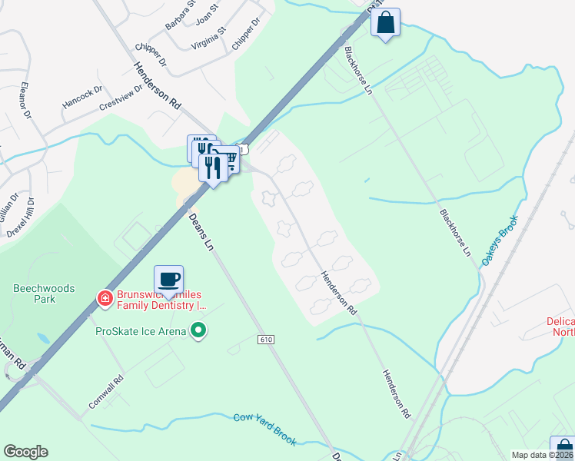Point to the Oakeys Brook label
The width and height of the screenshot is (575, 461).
pos(499,240)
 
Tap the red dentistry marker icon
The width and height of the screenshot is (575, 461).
pos(103,297)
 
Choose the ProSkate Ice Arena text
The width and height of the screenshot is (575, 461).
pos(141,331)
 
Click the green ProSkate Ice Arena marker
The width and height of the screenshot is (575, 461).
pos(199,331)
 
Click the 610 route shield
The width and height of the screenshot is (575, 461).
pos(266,339)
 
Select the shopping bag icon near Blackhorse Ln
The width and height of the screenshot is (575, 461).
pos(385,22)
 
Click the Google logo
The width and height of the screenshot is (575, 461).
pos(25,452)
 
